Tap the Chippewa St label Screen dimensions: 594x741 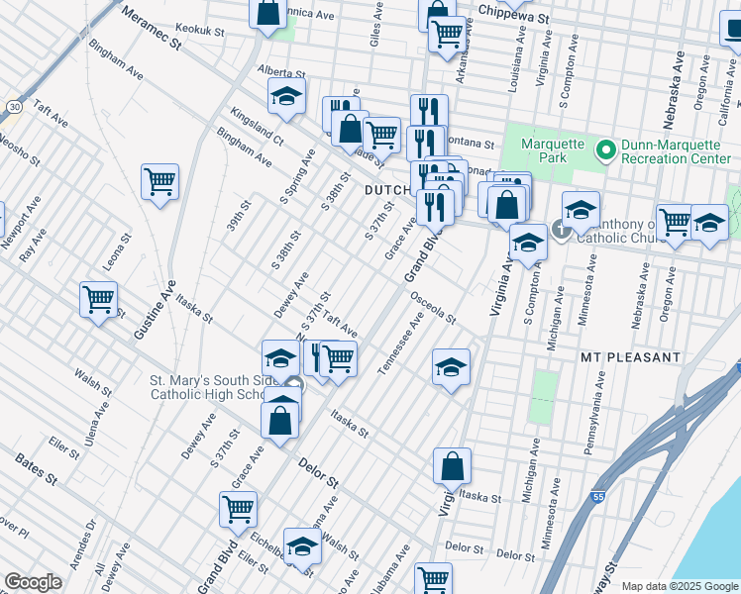[x=511, y=10]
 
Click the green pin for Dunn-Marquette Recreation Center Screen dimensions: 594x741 [x=606, y=150]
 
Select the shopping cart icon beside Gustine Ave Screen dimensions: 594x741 [x=159, y=182]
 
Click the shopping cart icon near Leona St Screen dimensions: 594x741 [x=99, y=298]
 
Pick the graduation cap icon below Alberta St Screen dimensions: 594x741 [x=286, y=96]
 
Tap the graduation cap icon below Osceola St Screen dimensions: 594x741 [x=451, y=368]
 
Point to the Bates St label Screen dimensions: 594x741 [x=36, y=468]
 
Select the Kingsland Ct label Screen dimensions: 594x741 [x=257, y=128]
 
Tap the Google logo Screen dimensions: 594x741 [x=33, y=582]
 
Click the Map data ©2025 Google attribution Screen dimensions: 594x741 [x=679, y=586]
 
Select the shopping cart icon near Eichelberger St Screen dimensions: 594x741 [x=239, y=509]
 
